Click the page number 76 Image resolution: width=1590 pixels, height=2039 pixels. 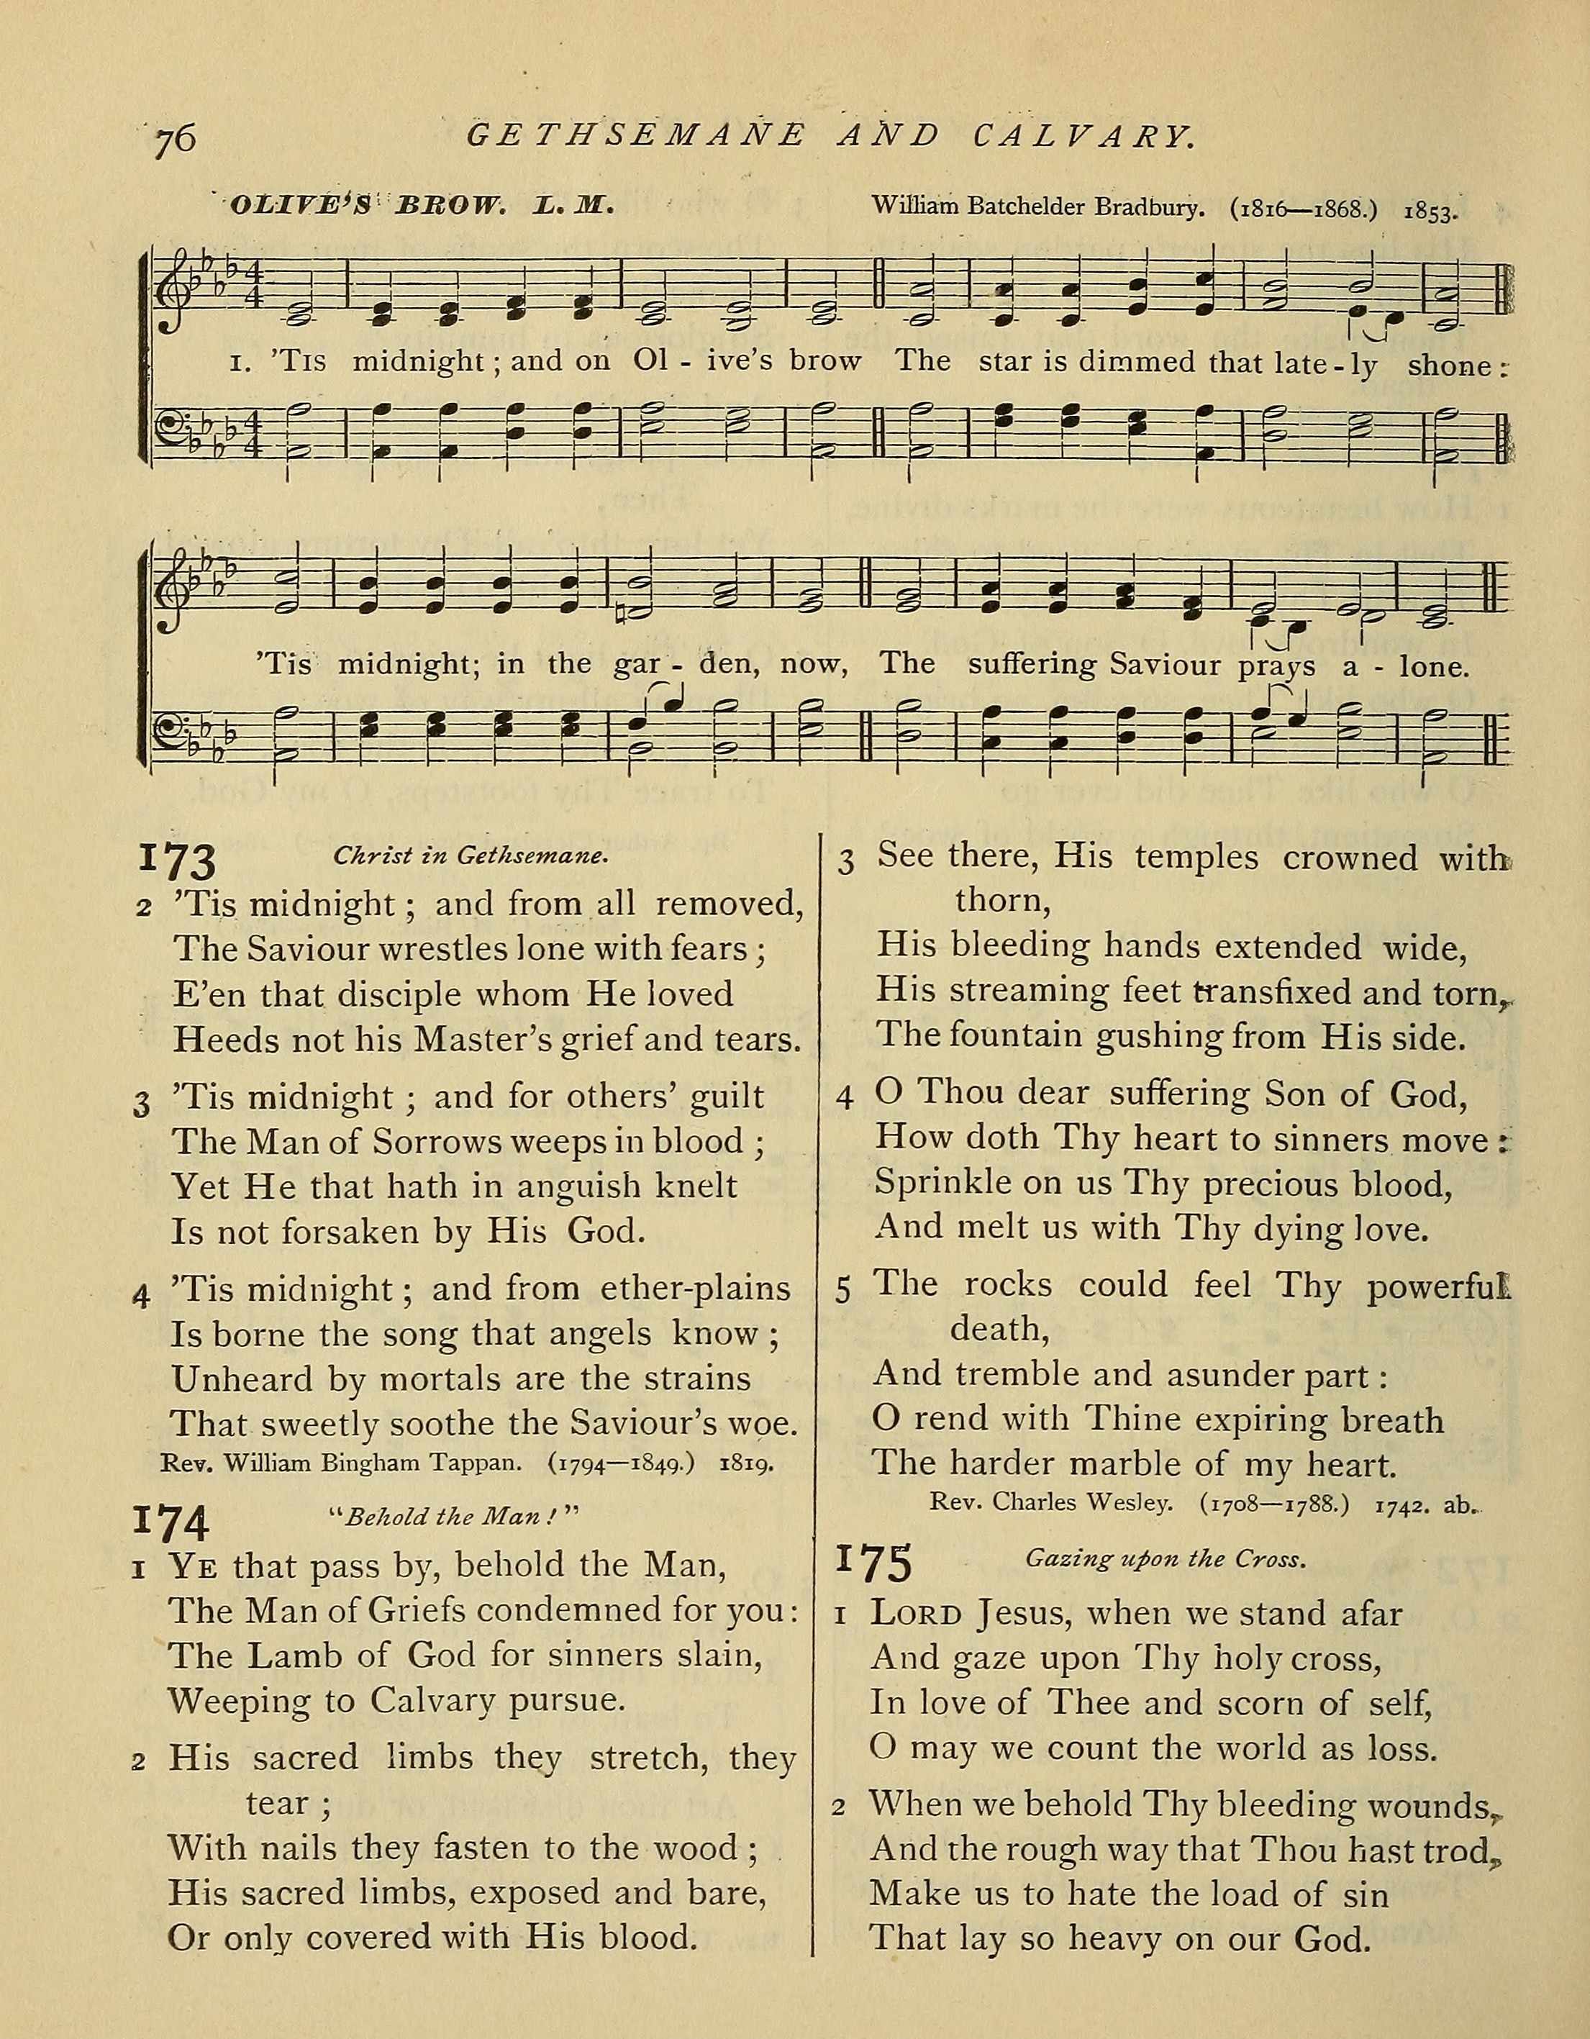pos(176,138)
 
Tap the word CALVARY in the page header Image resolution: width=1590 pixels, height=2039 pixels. pos(1083,137)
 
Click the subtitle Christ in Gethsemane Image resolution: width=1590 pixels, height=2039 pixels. pos(471,856)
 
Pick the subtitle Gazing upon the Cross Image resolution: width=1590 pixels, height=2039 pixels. pos(1164,1558)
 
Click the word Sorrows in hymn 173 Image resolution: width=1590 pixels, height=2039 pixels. pos(433,1141)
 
